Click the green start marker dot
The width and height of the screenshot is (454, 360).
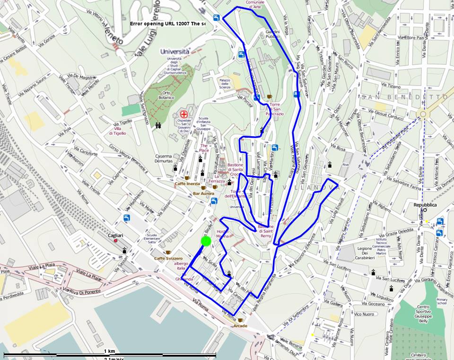[206, 241]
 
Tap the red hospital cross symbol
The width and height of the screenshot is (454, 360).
[184, 114]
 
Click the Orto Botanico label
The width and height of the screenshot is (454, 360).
[166, 95]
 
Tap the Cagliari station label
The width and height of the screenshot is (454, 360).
[115, 235]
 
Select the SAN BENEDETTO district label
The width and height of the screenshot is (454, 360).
[404, 97]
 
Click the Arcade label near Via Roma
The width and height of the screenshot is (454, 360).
[240, 326]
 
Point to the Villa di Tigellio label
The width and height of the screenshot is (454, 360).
[117, 131]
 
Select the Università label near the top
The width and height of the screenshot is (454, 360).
[175, 51]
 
